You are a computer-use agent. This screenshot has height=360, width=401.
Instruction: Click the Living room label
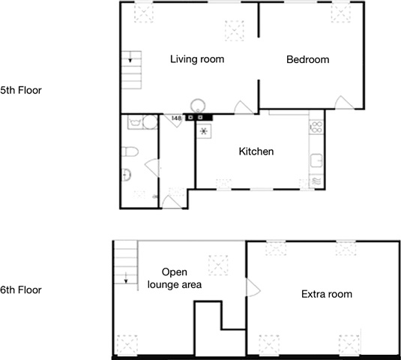point(197,59)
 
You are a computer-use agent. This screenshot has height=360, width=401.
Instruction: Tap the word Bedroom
point(307,59)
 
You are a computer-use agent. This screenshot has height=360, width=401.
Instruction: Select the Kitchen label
point(256,151)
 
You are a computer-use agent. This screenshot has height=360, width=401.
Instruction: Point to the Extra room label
point(327,294)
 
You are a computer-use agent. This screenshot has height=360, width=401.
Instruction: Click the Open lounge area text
point(175,278)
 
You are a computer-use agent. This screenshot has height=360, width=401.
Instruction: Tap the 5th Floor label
point(21,90)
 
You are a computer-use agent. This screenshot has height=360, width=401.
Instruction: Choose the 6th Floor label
point(21,290)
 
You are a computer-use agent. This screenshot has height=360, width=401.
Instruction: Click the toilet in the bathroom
point(130,151)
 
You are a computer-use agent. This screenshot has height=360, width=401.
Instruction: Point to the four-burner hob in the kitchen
point(316,127)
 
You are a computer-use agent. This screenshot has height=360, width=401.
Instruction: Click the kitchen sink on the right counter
point(316,160)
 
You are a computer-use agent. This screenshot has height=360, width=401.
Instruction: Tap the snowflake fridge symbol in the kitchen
point(204,131)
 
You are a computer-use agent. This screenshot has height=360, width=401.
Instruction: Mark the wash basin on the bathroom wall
point(126,175)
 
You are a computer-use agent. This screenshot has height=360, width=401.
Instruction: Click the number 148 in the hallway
point(176,118)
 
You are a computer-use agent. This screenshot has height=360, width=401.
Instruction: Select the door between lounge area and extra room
point(253,287)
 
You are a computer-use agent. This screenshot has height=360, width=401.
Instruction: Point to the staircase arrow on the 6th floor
point(126,277)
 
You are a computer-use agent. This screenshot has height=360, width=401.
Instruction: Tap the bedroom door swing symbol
point(344,102)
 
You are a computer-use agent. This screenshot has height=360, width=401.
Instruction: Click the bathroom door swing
point(152,167)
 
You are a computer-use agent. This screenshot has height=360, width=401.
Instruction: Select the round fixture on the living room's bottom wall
point(198,106)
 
